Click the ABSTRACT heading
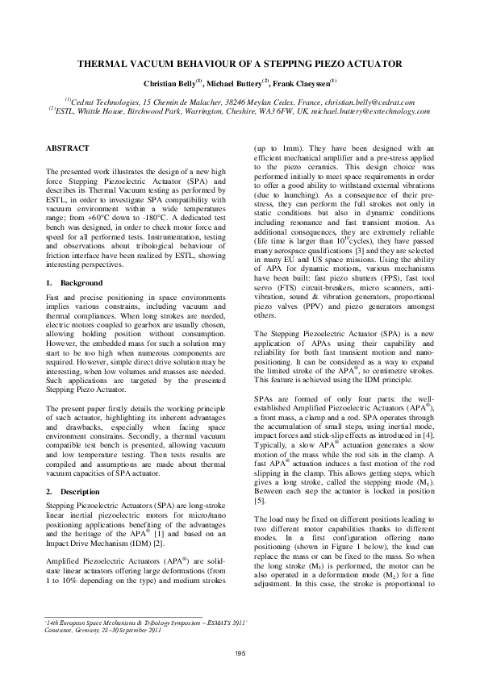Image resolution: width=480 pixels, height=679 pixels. (x=67, y=148)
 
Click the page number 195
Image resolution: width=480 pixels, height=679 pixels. (x=240, y=652)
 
